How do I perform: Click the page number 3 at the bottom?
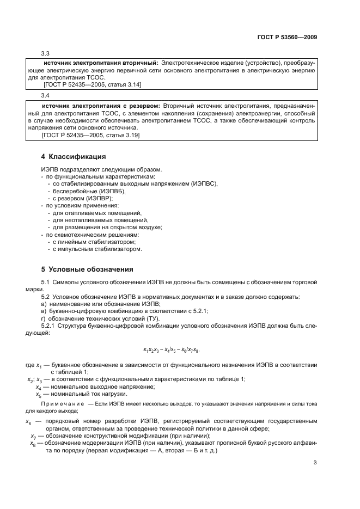pyautogui.click(x=315, y=463)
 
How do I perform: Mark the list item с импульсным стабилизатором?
pyautogui.click(x=97, y=249)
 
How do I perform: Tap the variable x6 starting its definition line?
pyautogui.click(x=28, y=421)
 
